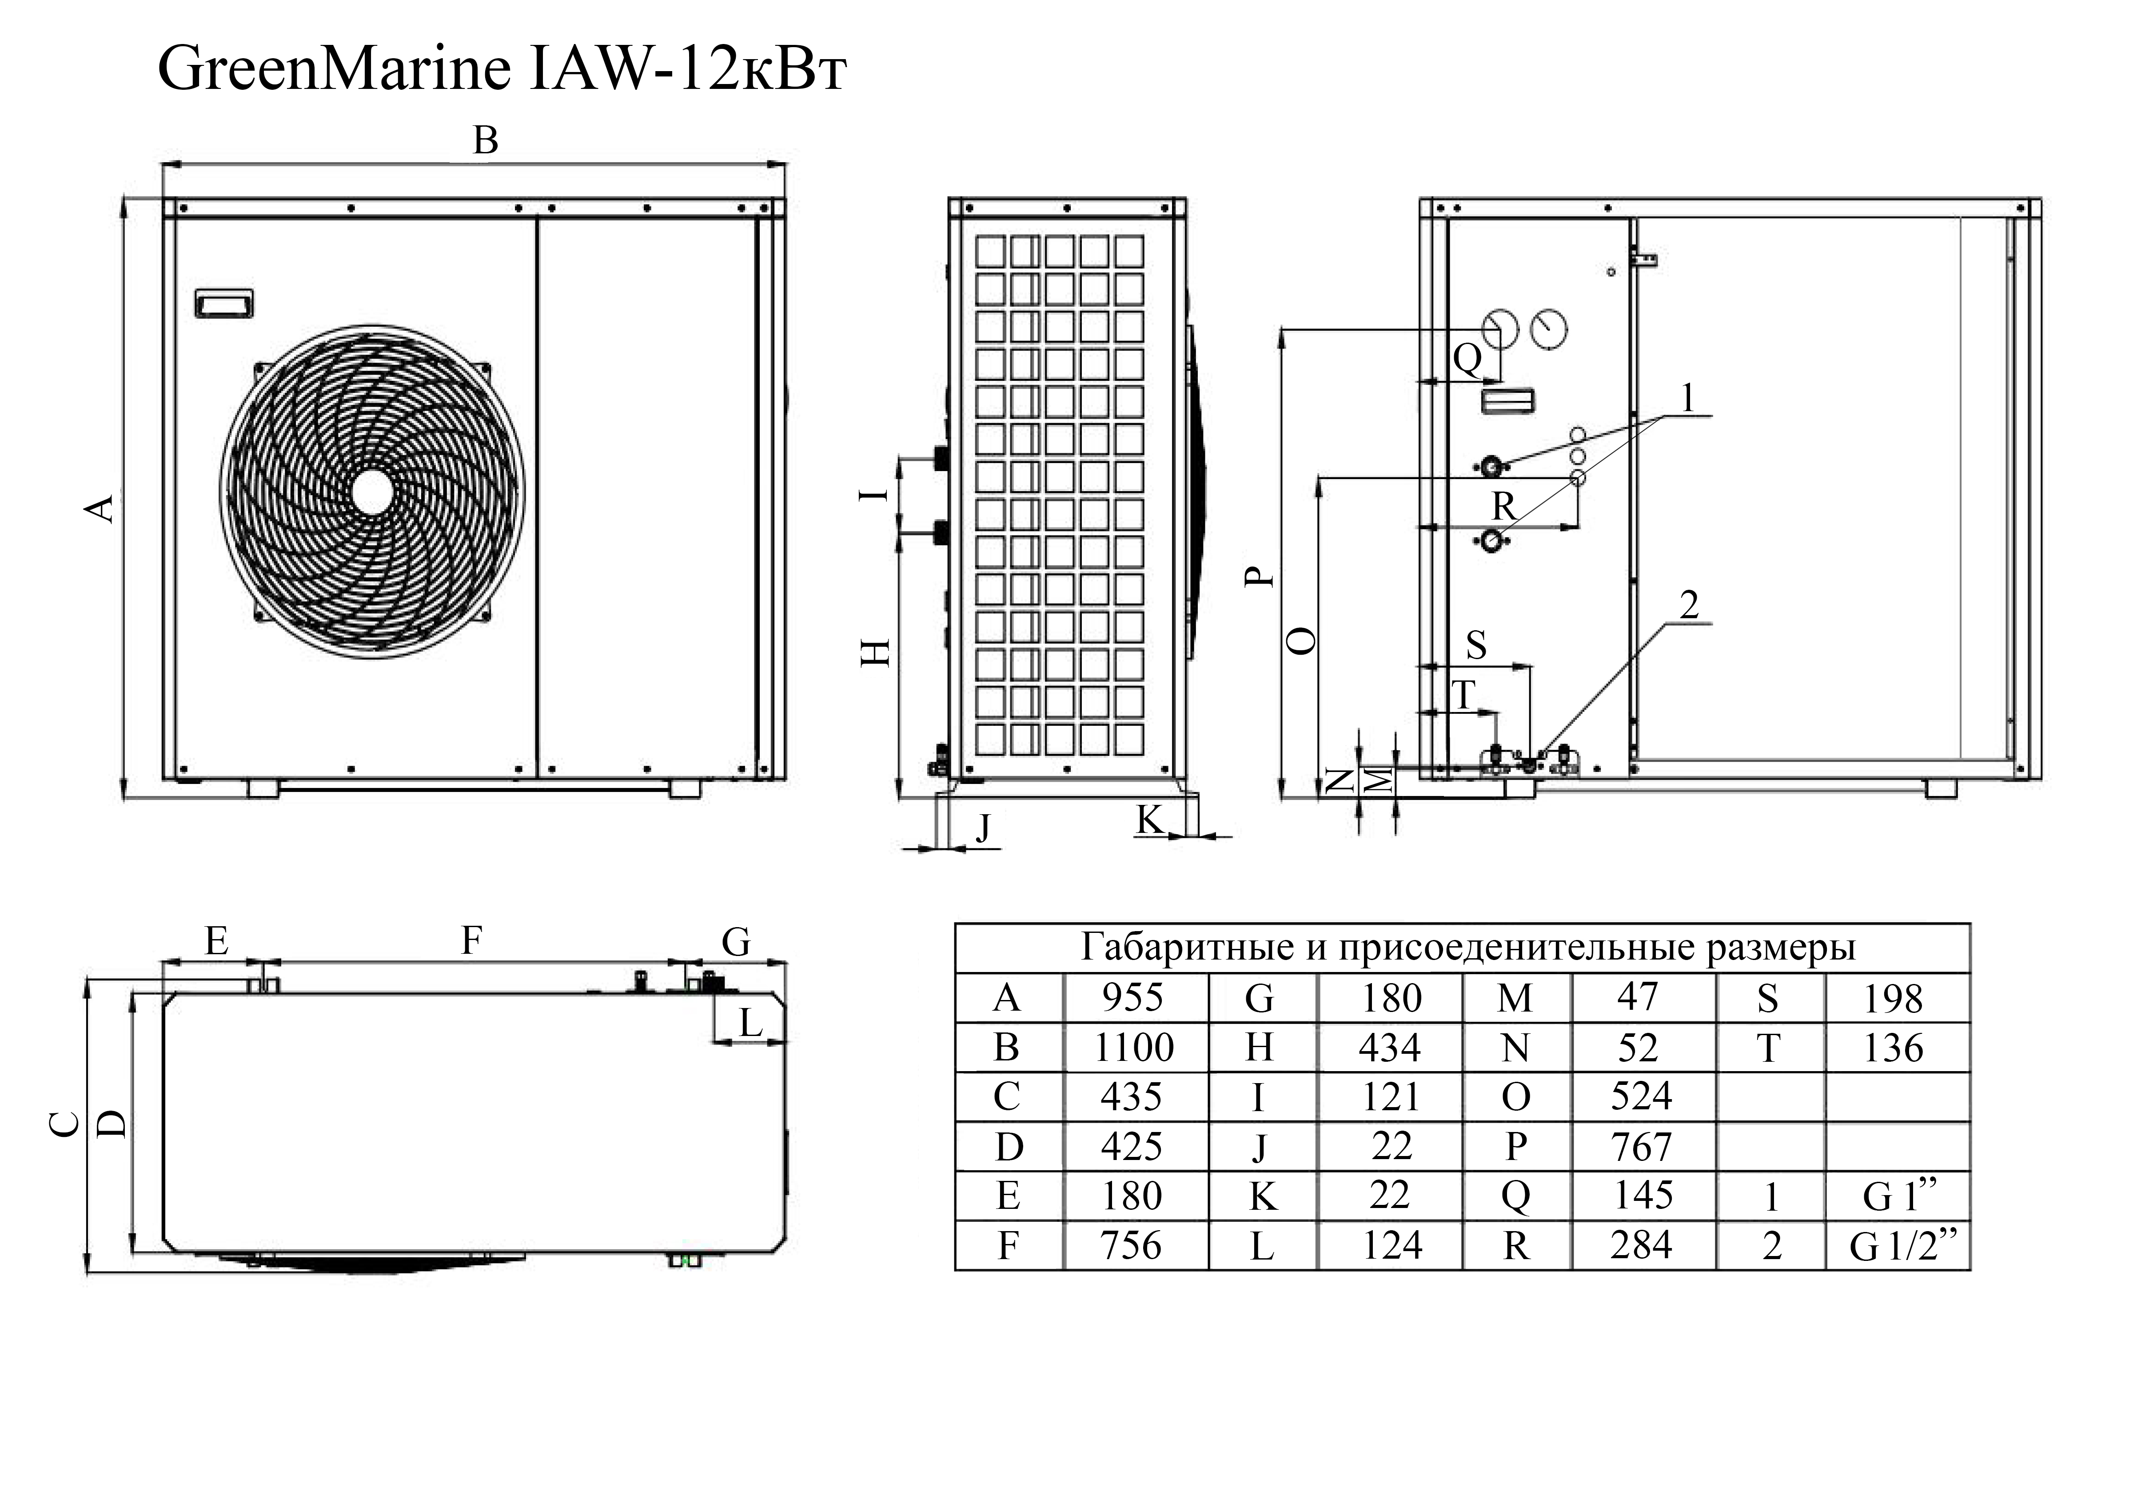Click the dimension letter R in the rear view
1503,507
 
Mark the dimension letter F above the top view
472,941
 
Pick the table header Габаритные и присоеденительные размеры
1468,948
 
